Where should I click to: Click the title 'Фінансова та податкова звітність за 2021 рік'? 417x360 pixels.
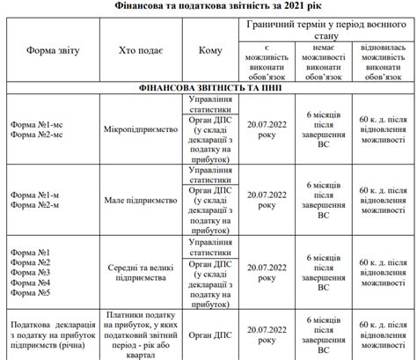coord(208,6)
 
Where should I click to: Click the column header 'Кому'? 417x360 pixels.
coord(210,51)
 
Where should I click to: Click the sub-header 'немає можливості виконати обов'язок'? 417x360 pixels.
coord(327,58)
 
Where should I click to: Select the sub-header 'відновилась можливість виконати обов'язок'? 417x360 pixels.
coord(384,58)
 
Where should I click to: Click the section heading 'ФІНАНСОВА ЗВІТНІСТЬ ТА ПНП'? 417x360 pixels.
coord(208,89)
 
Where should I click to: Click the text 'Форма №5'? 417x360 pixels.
coord(30,293)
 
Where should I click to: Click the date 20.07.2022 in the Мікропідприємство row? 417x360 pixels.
coord(267,130)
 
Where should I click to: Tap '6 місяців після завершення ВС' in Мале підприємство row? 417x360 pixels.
coord(327,201)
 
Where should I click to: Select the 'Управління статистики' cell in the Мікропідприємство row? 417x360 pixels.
coord(210,106)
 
